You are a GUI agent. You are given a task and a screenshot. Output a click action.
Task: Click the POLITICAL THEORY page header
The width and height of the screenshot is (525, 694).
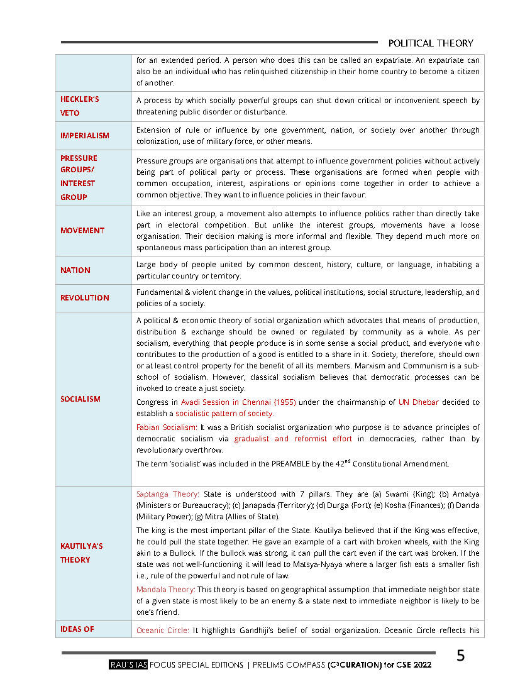click(x=430, y=43)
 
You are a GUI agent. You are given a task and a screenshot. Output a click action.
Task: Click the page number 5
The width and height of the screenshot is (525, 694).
click(x=461, y=656)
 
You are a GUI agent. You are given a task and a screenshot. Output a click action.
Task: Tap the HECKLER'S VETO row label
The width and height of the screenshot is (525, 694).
click(x=79, y=106)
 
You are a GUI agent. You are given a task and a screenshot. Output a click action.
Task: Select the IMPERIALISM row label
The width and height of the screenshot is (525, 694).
click(x=84, y=135)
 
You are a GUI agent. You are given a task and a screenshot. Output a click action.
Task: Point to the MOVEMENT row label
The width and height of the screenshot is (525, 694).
click(x=82, y=230)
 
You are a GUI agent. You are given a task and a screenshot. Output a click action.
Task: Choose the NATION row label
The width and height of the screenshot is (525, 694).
click(x=75, y=270)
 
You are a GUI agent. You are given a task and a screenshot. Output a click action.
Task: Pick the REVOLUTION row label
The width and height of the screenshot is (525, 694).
click(x=84, y=297)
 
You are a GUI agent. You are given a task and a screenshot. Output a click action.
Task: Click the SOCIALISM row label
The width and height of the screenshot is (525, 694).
click(x=80, y=399)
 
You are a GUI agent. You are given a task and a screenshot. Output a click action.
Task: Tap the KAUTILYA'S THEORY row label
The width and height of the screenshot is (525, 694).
click(x=81, y=553)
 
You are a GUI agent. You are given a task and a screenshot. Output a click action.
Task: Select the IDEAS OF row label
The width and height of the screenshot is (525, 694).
click(x=77, y=629)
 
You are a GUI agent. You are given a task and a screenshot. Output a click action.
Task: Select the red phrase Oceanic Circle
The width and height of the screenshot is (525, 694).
click(x=162, y=629)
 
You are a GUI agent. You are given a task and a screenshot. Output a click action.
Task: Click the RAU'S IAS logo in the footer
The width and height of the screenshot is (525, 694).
click(x=128, y=665)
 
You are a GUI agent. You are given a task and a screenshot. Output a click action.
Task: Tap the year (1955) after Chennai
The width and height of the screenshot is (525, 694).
click(x=283, y=402)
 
